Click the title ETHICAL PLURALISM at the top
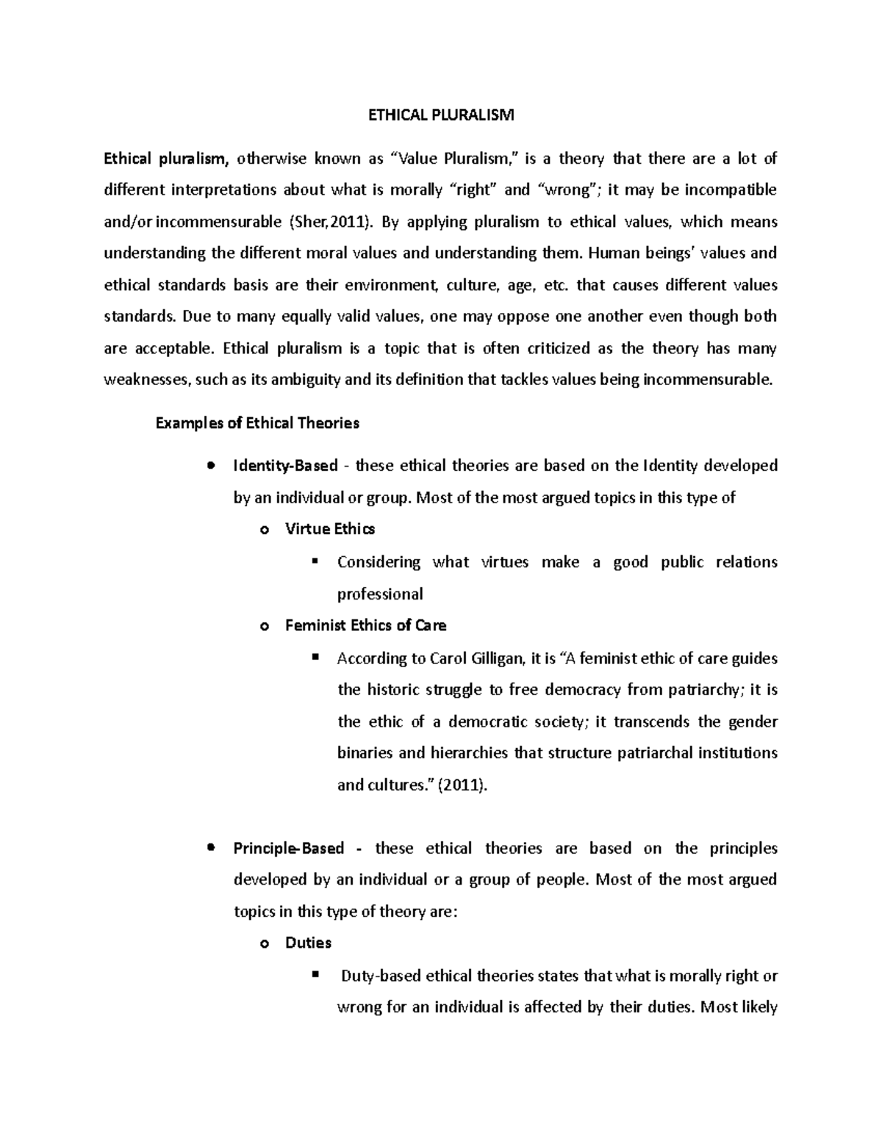(441, 115)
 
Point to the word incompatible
(730, 190)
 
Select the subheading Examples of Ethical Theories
(257, 423)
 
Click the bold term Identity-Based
(285, 466)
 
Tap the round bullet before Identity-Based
(211, 466)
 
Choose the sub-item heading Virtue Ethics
(330, 529)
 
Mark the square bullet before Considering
(315, 561)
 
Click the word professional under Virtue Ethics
(380, 594)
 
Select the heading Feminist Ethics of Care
(365, 625)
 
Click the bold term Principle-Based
(288, 849)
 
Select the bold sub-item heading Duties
(308, 943)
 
